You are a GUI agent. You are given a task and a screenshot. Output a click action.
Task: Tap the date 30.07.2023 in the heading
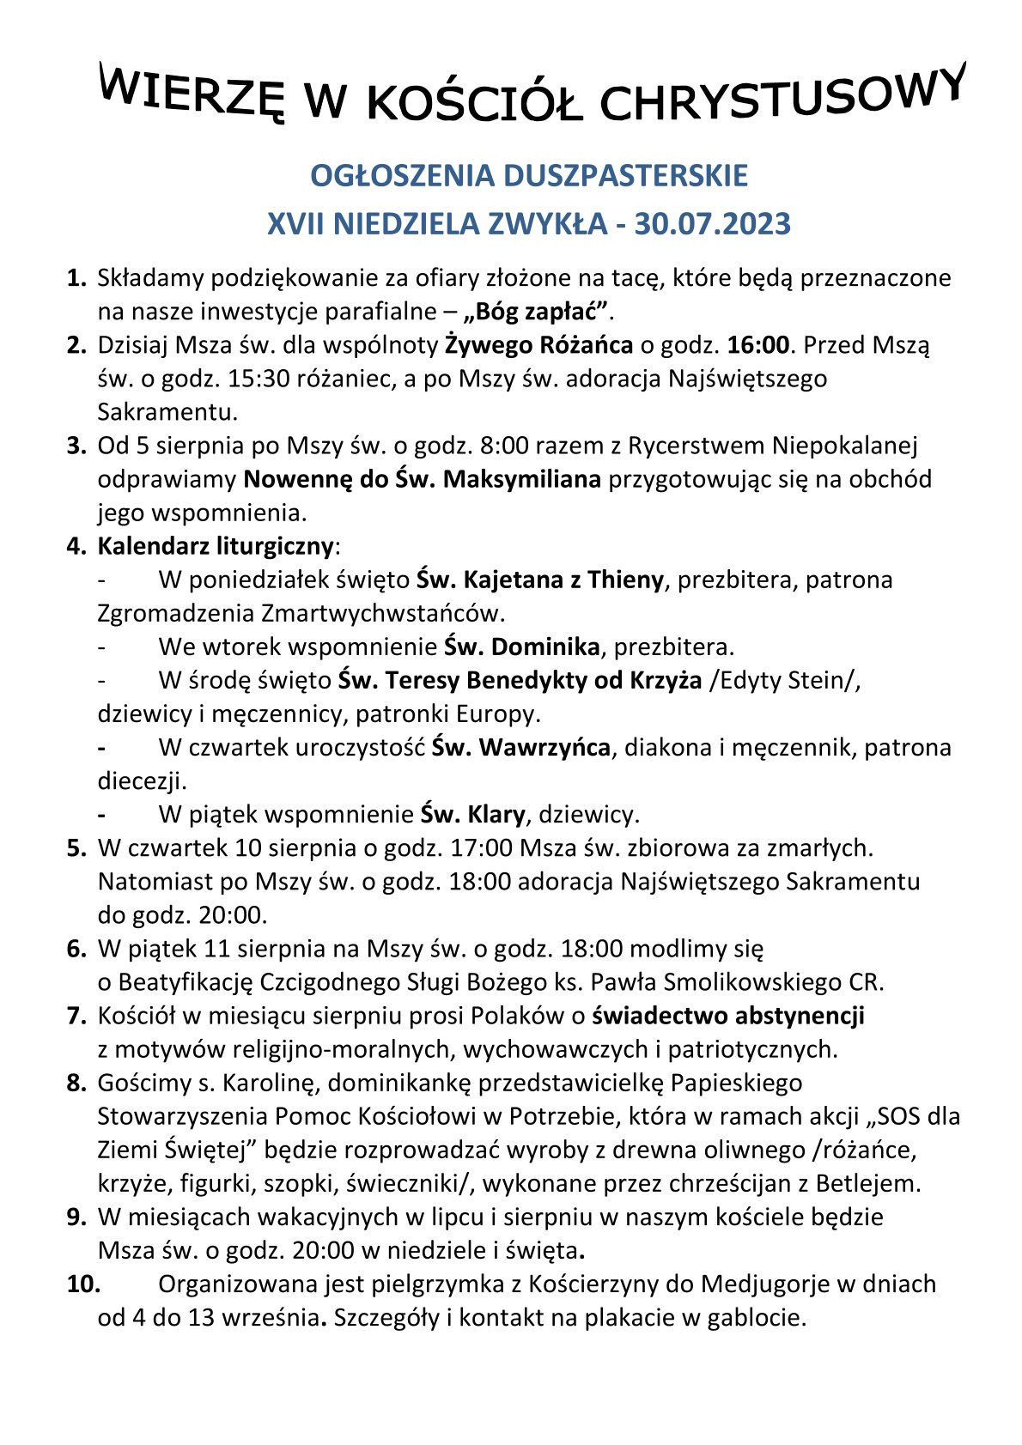712,224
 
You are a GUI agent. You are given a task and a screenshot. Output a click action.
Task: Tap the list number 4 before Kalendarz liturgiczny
76,546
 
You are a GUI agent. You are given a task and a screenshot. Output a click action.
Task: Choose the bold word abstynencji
800,1016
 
